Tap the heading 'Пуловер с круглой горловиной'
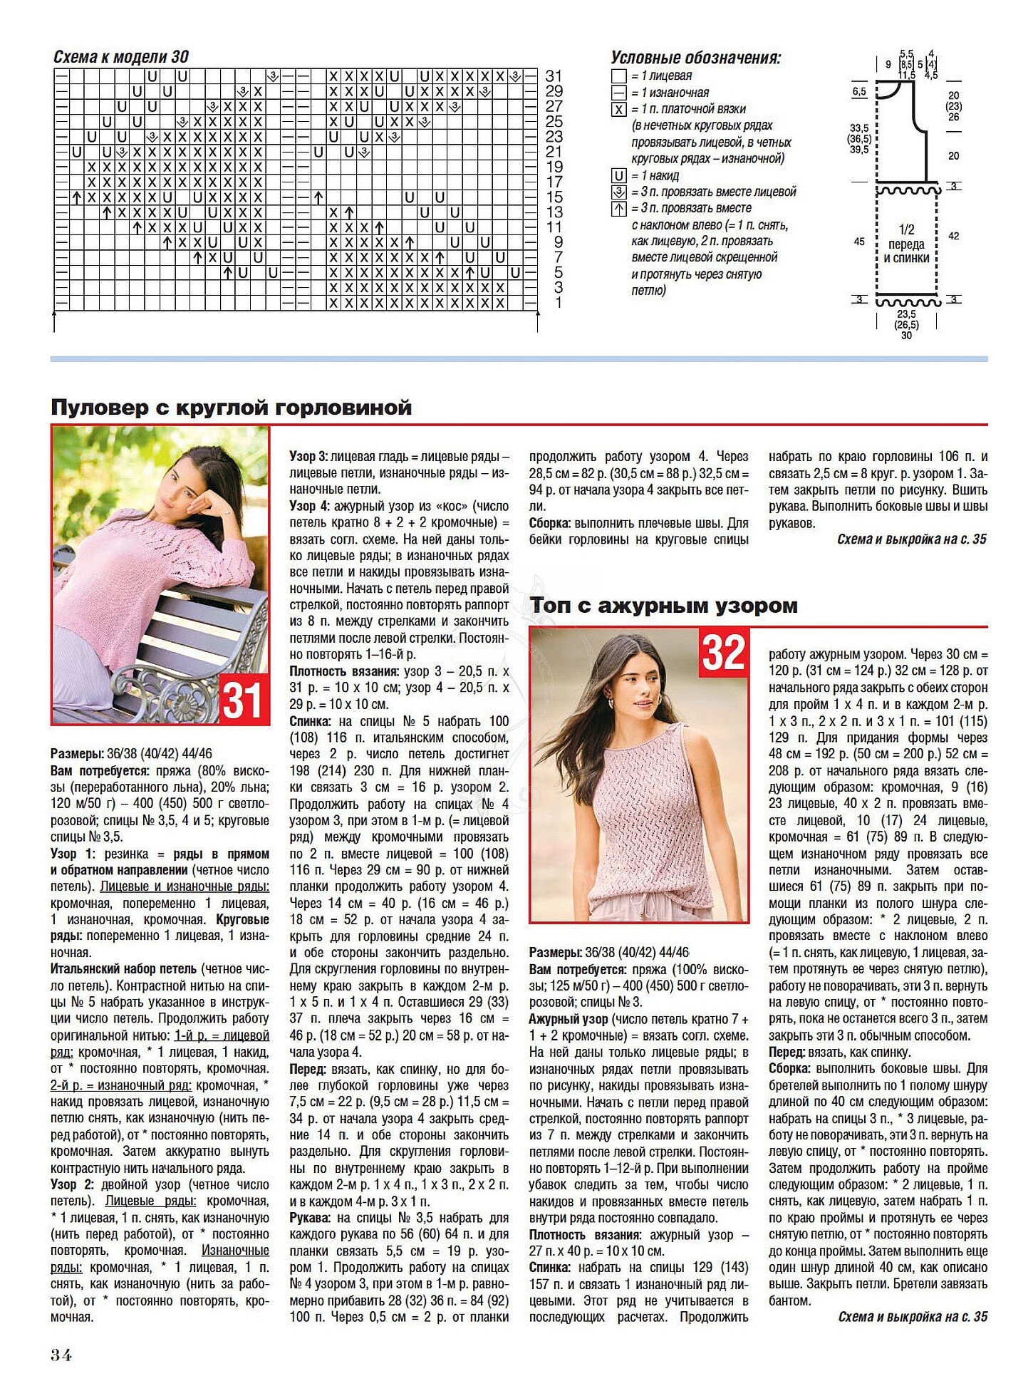tap(232, 408)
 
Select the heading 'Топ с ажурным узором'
tap(663, 606)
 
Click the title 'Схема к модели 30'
tap(121, 57)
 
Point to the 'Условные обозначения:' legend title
tap(695, 58)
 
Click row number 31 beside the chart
tap(554, 76)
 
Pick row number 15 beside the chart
tap(554, 197)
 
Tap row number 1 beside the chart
tap(559, 303)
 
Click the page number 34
tap(61, 1355)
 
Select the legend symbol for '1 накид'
tap(618, 176)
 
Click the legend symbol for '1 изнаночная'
tap(618, 93)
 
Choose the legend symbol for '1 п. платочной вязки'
tap(618, 110)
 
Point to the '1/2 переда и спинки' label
tap(906, 244)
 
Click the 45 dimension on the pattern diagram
tap(859, 242)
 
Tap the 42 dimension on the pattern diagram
tap(953, 236)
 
